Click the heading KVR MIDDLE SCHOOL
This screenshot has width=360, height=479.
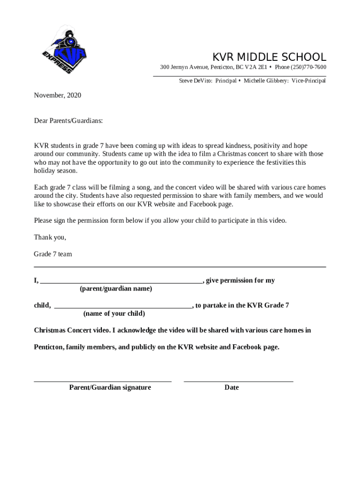pos(269,58)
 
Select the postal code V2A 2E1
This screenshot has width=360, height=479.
pos(257,67)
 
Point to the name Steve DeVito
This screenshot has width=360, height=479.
pos(196,81)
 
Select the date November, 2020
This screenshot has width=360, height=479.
pos(58,95)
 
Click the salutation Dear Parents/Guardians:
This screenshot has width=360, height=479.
pos(68,121)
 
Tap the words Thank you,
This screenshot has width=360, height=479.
pos(50,237)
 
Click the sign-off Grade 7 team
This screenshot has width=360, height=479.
pos(53,254)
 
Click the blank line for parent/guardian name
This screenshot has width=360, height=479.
pos(122,282)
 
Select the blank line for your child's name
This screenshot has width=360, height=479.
pos(123,307)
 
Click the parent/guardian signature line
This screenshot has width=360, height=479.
pos(103,381)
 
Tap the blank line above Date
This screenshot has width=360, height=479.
pos(238,381)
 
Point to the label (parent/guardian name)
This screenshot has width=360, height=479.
pos(115,289)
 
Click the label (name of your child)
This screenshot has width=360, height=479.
pos(114,313)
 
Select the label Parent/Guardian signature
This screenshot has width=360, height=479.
pos(110,387)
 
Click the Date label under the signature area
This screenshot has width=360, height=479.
pos(231,387)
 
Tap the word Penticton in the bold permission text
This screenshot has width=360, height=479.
pos(49,347)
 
